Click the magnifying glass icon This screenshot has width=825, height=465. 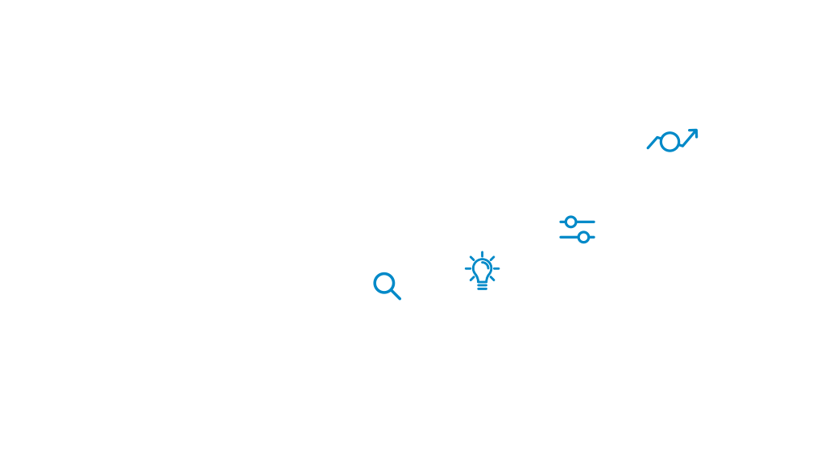pyautogui.click(x=387, y=286)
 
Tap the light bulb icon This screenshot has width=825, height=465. pyautogui.click(x=482, y=271)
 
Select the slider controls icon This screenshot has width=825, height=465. pyautogui.click(x=577, y=229)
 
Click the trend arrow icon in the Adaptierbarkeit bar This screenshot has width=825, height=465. pyautogui.click(x=672, y=140)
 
